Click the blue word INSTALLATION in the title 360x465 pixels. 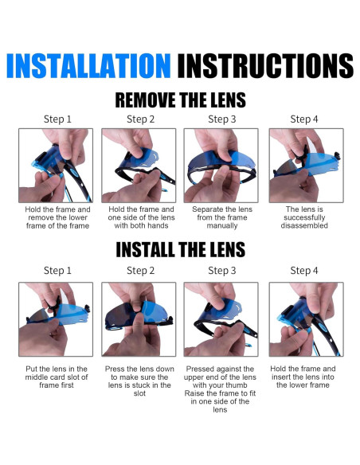click(x=88, y=65)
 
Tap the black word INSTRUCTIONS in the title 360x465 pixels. click(x=265, y=65)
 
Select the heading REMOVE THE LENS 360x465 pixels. click(x=180, y=100)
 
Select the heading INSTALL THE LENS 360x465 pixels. click(x=180, y=249)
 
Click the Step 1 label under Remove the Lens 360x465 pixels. click(x=57, y=119)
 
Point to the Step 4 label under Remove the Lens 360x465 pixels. click(x=304, y=119)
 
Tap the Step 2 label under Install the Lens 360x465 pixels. click(x=140, y=271)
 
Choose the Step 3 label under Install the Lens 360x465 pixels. click(x=221, y=271)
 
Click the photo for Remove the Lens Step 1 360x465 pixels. click(x=56, y=166)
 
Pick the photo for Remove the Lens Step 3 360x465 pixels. click(x=221, y=166)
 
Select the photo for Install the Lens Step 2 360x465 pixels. click(x=139, y=319)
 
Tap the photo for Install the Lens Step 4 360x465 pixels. click(x=307, y=319)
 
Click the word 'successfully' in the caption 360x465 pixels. click(x=304, y=217)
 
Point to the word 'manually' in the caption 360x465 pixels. click(x=222, y=225)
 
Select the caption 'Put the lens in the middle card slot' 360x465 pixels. click(x=57, y=377)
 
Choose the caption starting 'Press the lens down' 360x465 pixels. click(x=139, y=381)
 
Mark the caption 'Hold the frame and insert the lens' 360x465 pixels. click(x=303, y=377)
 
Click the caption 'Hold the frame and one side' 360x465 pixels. click(x=141, y=217)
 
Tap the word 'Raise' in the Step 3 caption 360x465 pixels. click(x=194, y=393)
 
